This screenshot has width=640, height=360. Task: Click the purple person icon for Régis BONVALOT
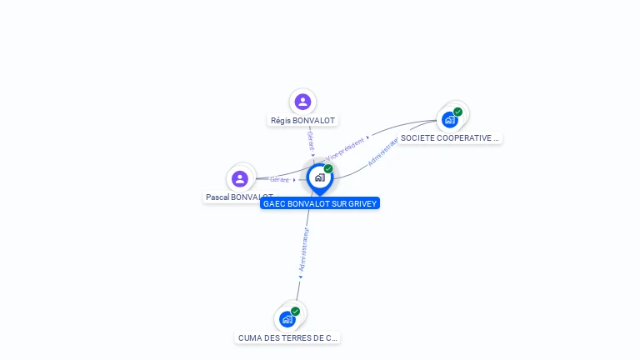point(302,102)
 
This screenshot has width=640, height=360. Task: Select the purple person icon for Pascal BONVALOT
point(240,178)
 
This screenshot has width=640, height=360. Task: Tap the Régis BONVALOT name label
point(302,121)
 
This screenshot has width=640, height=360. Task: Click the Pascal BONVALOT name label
point(239,197)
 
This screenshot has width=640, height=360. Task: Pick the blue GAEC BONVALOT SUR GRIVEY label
point(320,203)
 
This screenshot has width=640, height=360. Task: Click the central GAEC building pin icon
point(318,177)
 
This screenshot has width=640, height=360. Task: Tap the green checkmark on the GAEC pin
point(328,169)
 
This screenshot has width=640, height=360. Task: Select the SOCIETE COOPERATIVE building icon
point(450,119)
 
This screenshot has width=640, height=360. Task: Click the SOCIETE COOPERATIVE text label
point(450,138)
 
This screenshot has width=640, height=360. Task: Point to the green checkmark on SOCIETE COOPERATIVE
point(457,112)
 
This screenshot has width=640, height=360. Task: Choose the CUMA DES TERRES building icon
point(287,319)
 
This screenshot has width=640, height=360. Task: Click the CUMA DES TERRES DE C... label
point(287,338)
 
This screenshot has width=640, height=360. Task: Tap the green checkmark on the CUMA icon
point(295,312)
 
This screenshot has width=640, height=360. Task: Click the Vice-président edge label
point(345,147)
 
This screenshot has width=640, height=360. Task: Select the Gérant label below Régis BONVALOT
point(310,141)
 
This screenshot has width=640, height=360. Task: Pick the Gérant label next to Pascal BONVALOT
point(280,179)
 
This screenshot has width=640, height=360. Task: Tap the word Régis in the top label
point(279,121)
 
